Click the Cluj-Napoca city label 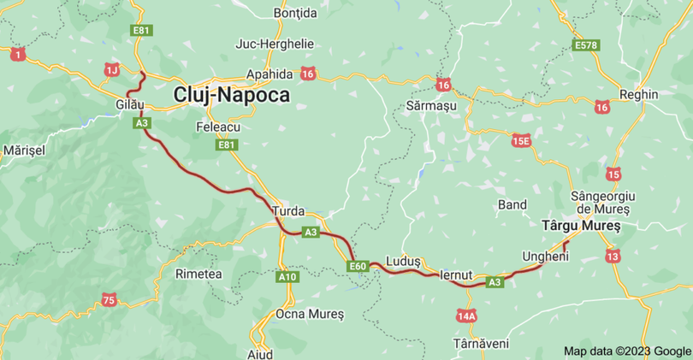(231, 95)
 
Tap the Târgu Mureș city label (582, 226)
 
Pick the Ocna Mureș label (310, 314)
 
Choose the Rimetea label (198, 274)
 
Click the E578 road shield (586, 44)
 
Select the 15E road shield (521, 140)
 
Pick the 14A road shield (466, 316)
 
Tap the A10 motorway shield (287, 277)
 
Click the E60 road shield (358, 267)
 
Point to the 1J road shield (112, 68)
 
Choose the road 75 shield (108, 299)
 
